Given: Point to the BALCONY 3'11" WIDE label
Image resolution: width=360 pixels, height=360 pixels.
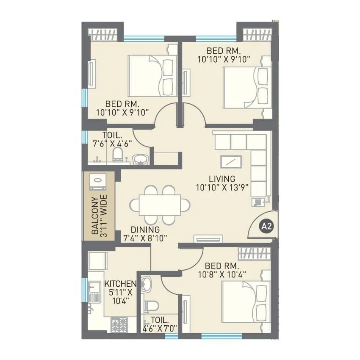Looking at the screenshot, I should [99, 216].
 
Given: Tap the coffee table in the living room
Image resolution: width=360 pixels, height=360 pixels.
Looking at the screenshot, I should [231, 162].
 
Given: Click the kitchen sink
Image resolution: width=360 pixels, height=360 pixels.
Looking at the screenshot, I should [94, 292].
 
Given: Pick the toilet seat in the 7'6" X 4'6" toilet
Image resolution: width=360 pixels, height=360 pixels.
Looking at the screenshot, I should [118, 155].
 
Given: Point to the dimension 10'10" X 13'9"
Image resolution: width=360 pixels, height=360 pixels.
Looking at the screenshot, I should [222, 186].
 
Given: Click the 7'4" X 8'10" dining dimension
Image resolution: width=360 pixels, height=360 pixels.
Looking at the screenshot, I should [144, 238].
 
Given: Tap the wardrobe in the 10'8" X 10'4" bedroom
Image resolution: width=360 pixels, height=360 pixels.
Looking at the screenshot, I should [254, 253].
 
